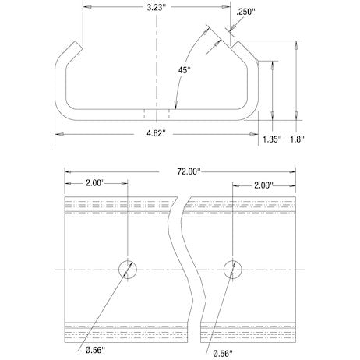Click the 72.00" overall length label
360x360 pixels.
tap(189, 170)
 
